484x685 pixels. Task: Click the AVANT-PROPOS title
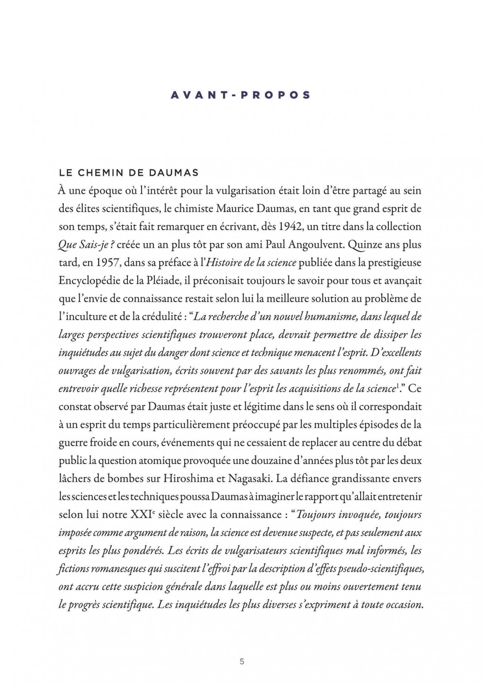click(x=241, y=95)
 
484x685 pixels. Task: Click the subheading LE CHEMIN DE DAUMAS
click(x=129, y=173)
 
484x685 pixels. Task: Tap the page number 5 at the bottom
click(x=242, y=662)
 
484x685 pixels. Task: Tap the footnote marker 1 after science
click(x=397, y=387)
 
